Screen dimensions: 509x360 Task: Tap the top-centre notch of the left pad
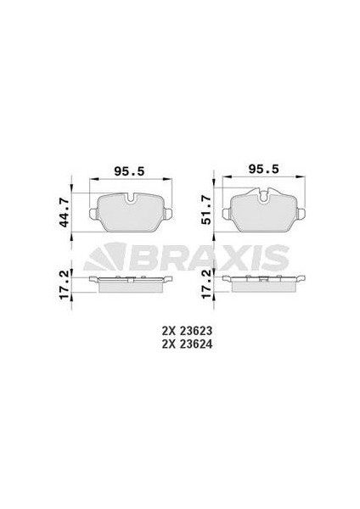(x=130, y=199)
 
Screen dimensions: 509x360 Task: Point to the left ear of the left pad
(x=92, y=213)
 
